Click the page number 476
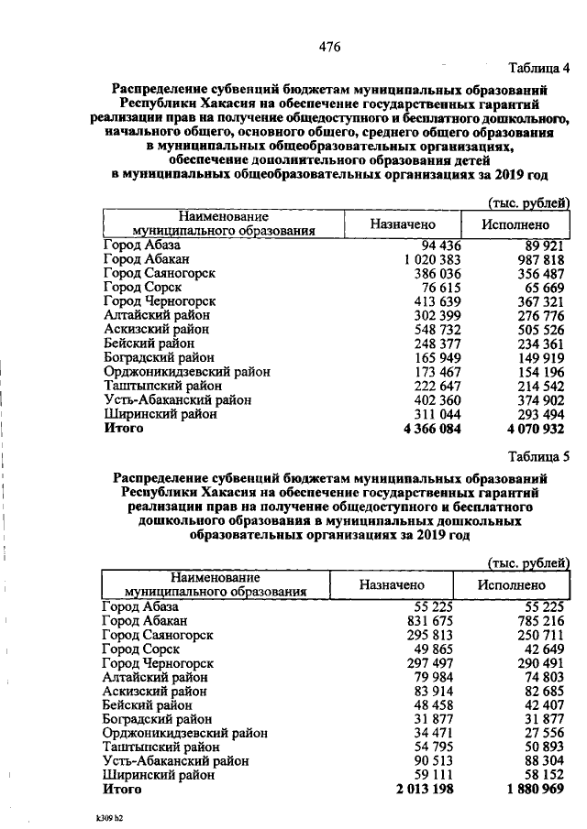point(329,49)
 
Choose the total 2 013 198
point(424,790)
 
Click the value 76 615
point(437,288)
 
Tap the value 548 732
point(431,330)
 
